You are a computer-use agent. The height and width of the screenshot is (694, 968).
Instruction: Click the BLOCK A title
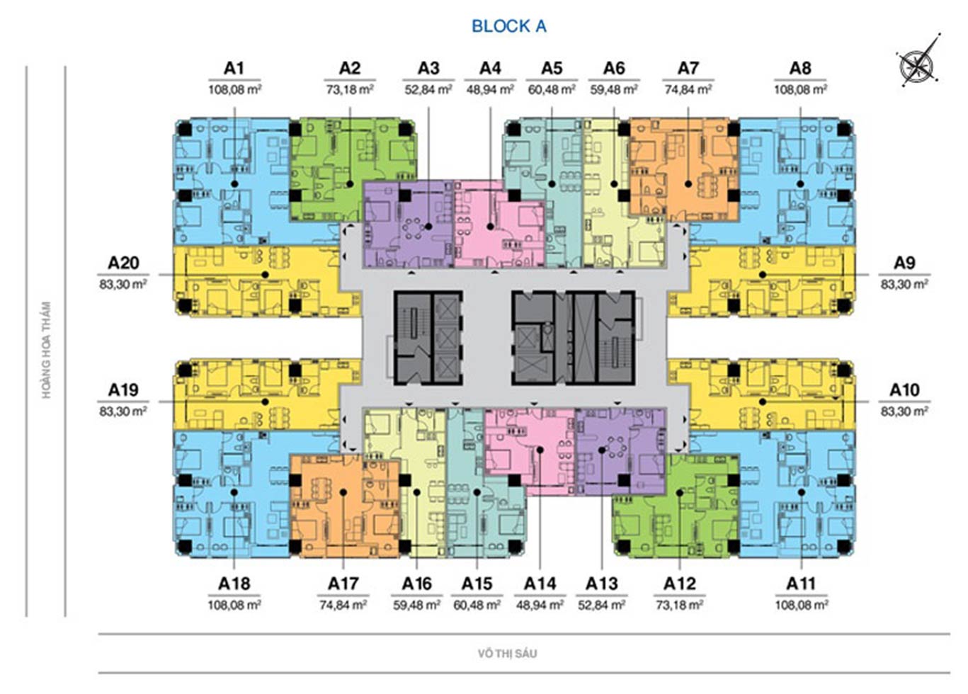[508, 26]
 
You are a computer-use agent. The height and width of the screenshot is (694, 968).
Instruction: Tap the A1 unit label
[234, 68]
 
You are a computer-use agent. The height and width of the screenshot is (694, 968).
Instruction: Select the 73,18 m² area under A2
[350, 90]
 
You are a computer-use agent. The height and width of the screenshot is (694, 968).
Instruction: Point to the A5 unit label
[552, 68]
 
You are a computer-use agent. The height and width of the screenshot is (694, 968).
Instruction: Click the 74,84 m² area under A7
[688, 90]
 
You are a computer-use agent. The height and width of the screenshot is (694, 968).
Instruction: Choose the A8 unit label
[800, 68]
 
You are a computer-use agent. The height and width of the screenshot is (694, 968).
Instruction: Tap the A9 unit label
[904, 263]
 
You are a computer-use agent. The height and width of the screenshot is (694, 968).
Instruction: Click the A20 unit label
[123, 263]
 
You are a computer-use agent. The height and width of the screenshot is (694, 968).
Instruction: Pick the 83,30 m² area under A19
[123, 411]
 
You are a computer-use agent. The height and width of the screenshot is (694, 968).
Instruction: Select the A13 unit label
[602, 584]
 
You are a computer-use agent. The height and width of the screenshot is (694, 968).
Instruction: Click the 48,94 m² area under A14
[540, 605]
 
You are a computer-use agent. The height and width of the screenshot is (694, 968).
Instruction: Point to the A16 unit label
[416, 584]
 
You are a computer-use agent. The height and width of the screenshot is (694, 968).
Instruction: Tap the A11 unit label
[801, 584]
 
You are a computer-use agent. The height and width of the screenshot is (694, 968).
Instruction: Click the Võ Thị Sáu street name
[507, 654]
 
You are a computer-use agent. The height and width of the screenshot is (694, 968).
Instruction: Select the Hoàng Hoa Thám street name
[46, 350]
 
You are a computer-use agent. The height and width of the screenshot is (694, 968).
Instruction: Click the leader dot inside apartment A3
[428, 227]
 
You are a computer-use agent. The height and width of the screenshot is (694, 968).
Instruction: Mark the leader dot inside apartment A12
[680, 493]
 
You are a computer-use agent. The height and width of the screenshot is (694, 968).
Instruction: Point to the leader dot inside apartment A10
[763, 402]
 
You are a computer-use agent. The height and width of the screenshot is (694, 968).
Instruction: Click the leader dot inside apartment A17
[343, 492]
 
